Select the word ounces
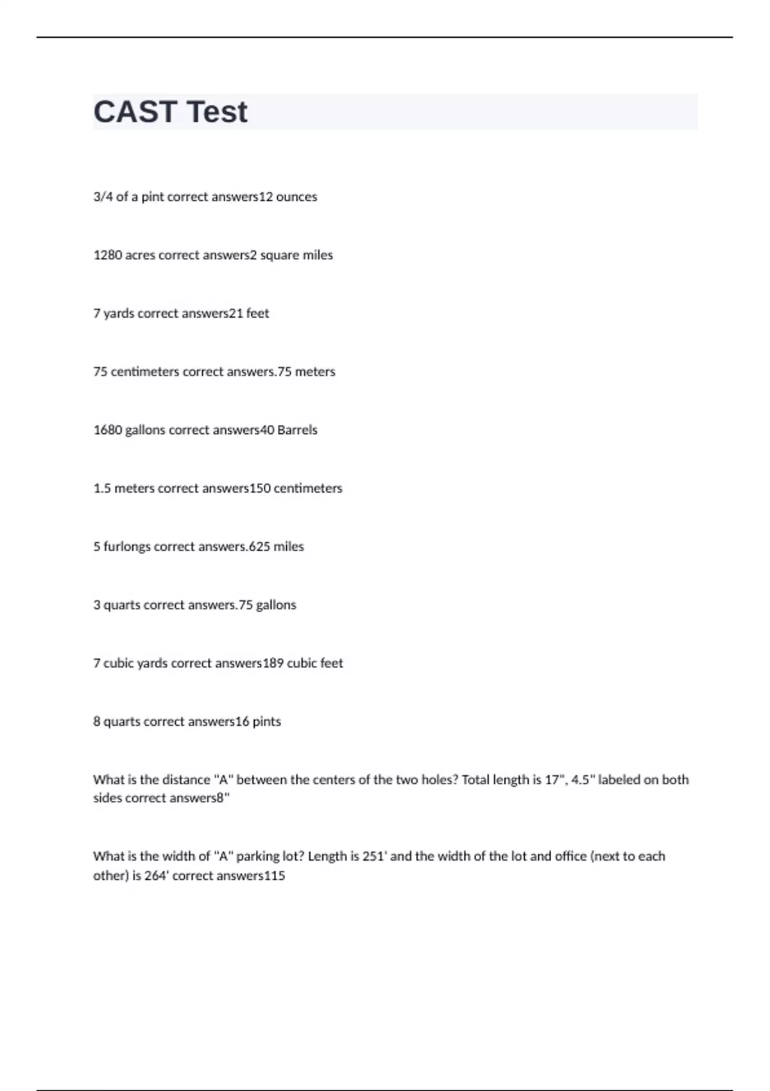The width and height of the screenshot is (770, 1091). click(x=296, y=197)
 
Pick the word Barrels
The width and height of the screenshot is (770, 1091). click(x=297, y=430)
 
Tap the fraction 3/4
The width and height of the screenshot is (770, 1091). click(x=103, y=197)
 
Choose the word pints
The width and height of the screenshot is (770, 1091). click(x=266, y=721)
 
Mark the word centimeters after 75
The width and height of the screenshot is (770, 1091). click(x=145, y=372)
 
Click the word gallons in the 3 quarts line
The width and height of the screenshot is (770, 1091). click(x=276, y=605)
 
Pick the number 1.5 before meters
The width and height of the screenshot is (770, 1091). click(x=102, y=488)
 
